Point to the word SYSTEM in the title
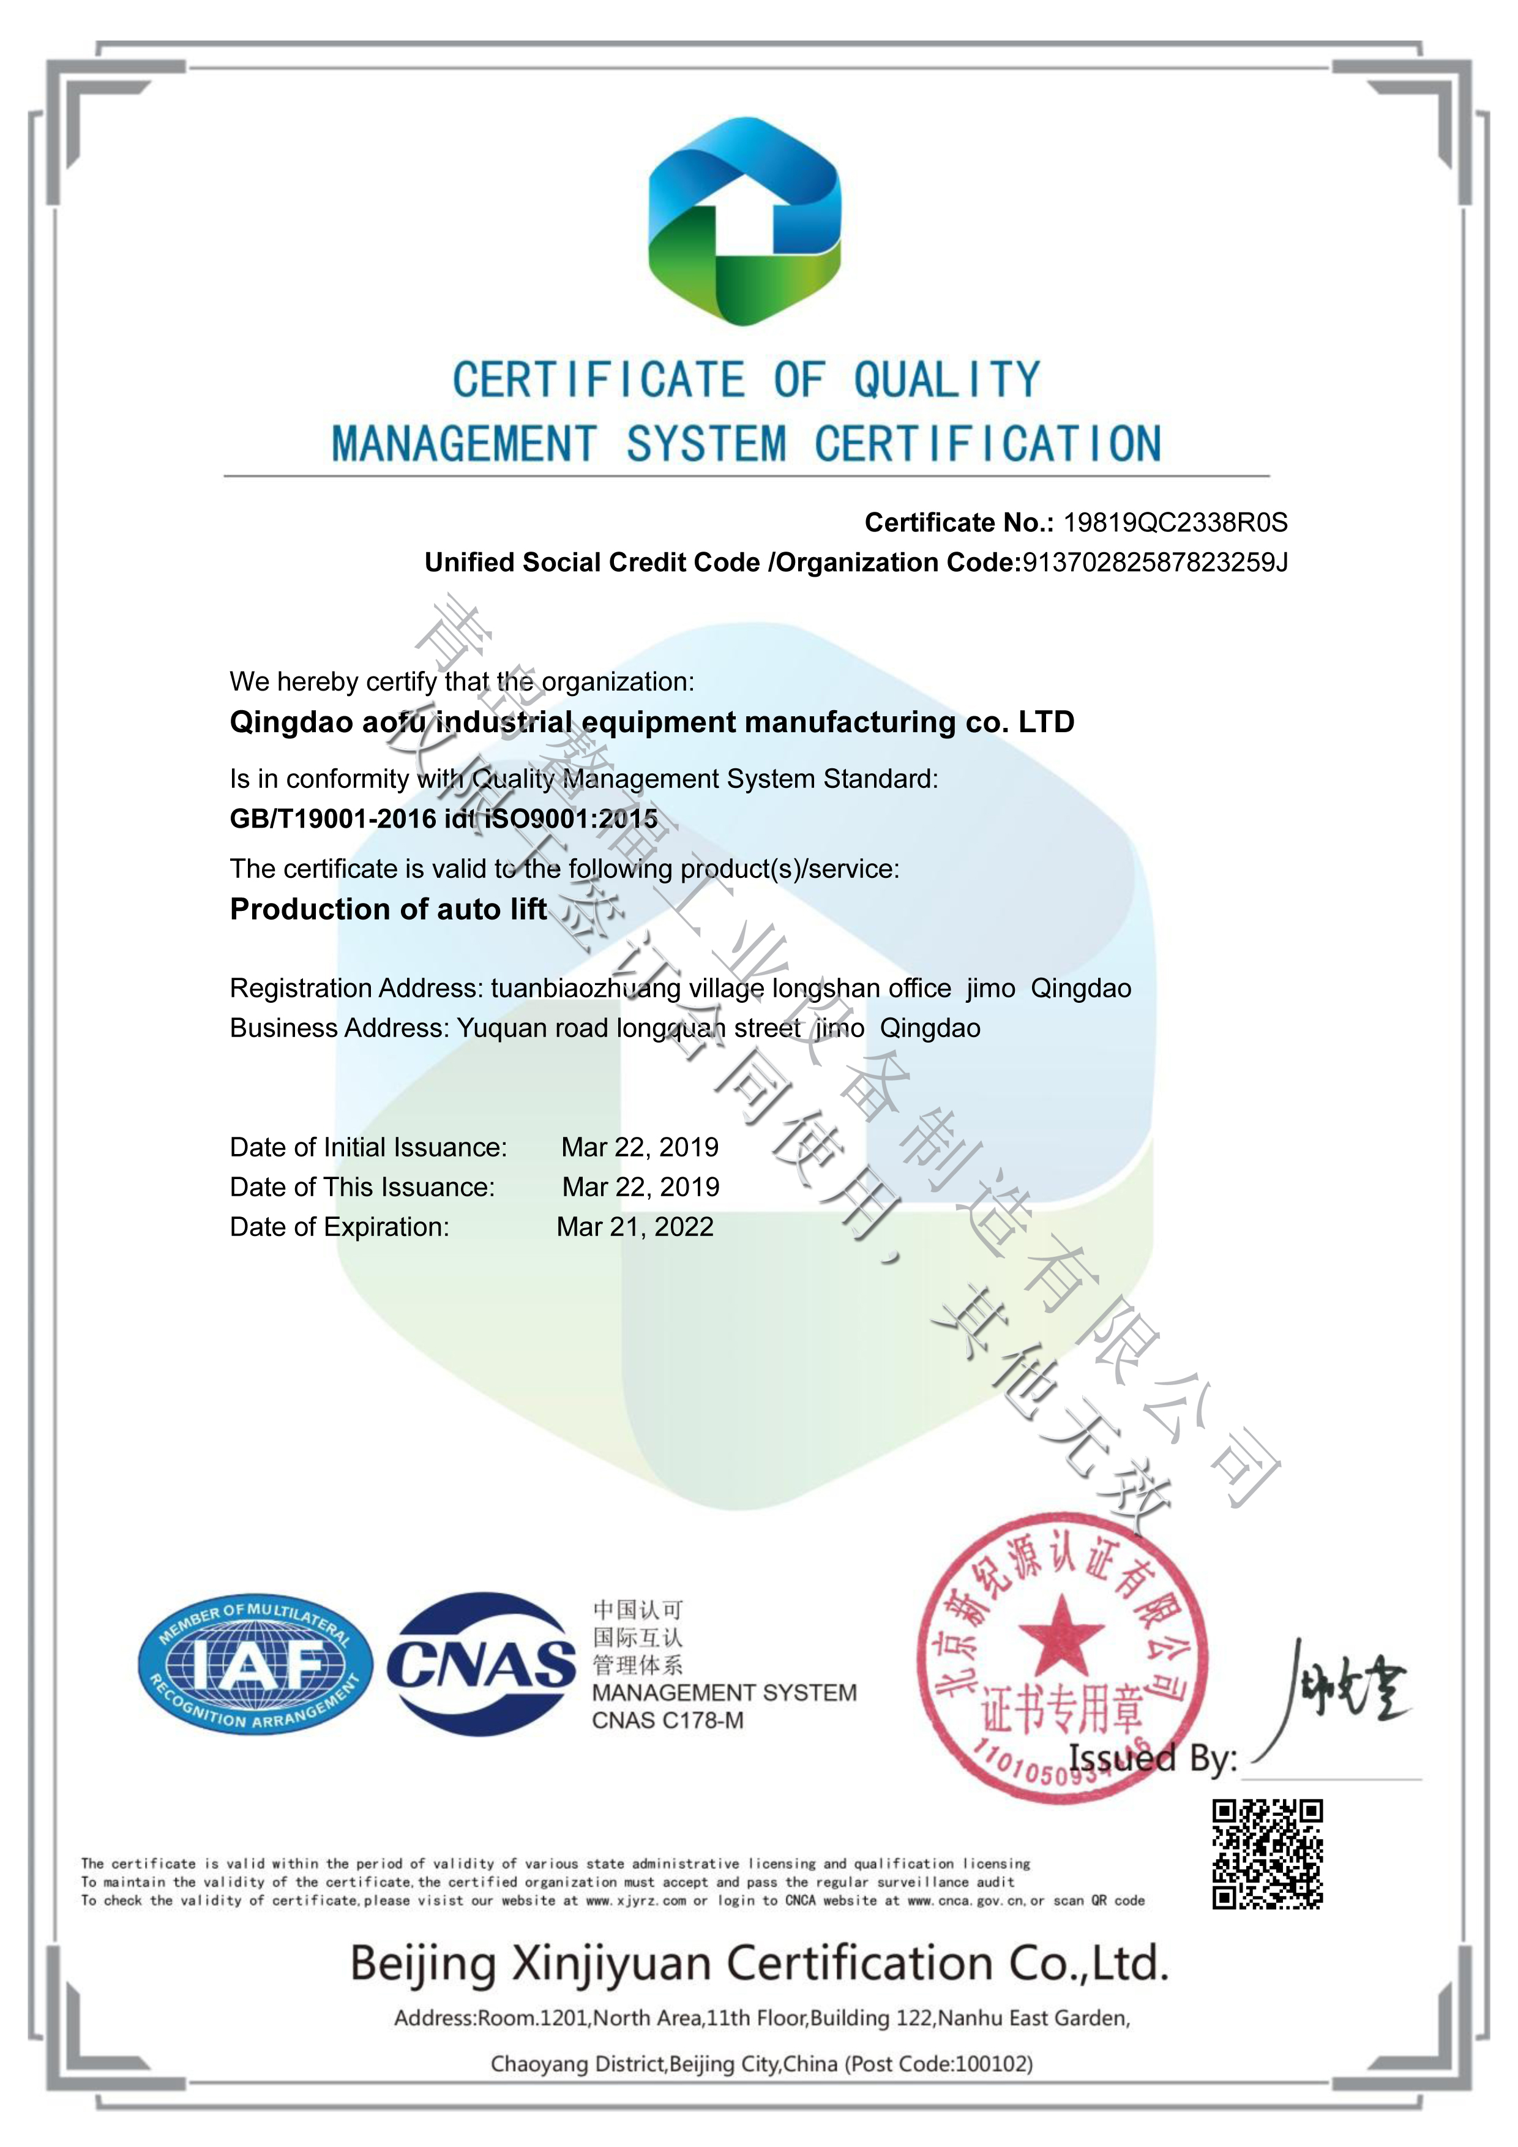706,443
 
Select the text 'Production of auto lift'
388,909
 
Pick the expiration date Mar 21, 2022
635,1227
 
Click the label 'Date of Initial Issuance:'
368,1147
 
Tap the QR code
1268,1853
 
